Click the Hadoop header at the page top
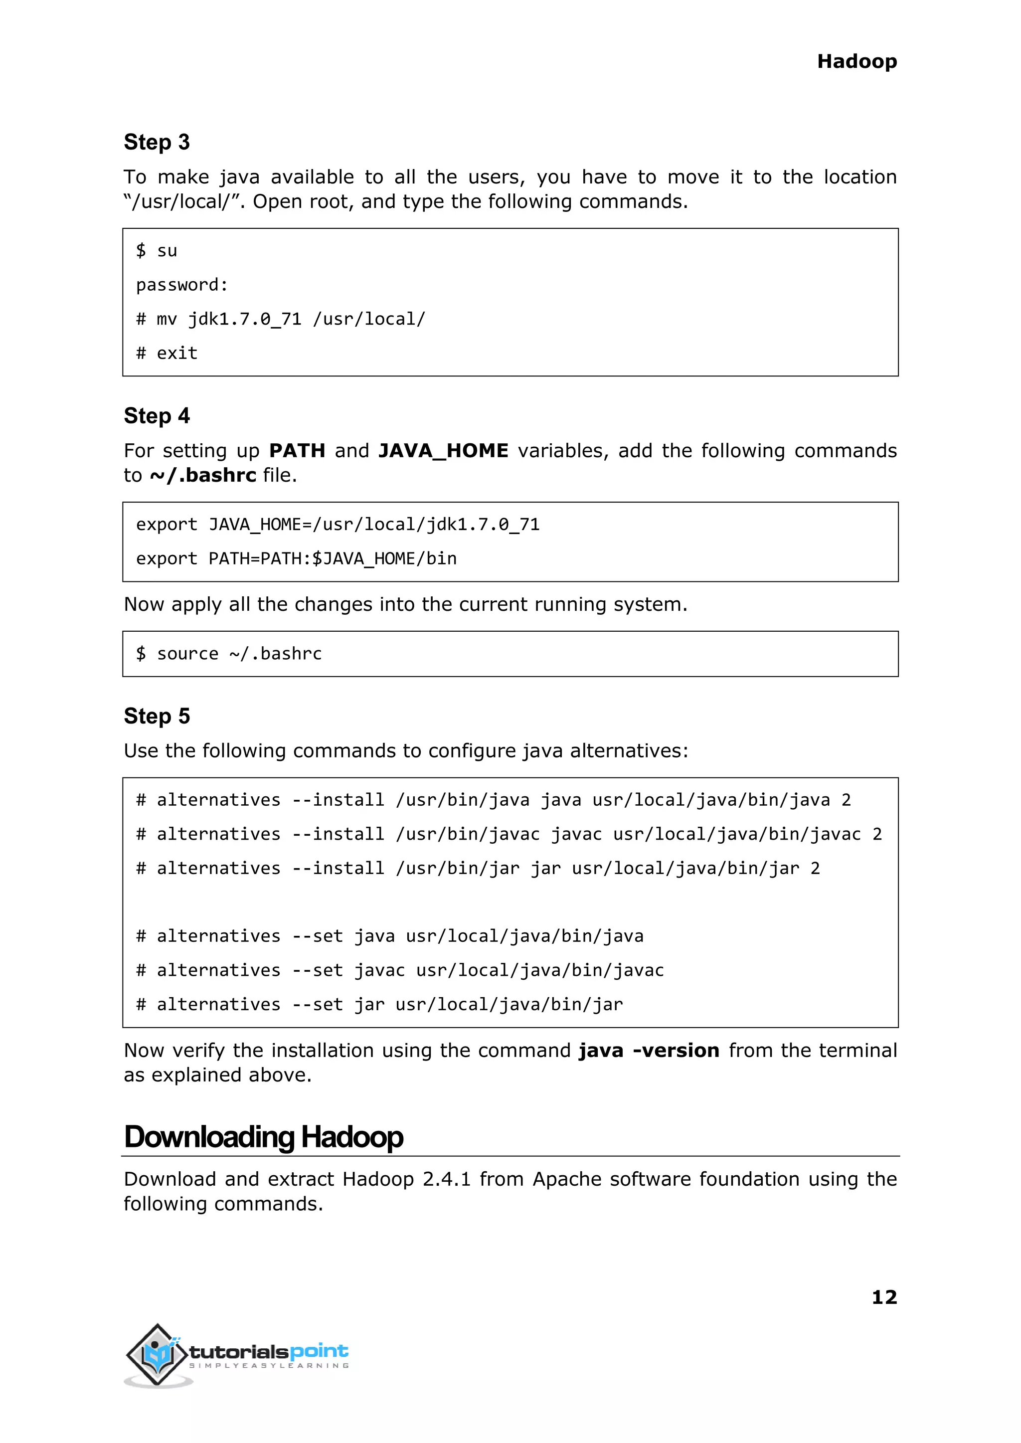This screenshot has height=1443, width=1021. tap(856, 62)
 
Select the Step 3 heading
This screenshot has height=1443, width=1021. tap(157, 142)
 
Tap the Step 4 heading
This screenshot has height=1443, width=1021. tap(157, 416)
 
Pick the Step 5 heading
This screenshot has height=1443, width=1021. tap(157, 716)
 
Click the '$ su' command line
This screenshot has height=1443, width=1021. tap(157, 251)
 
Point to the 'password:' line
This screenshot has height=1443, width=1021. tap(181, 285)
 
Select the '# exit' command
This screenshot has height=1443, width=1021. tap(167, 354)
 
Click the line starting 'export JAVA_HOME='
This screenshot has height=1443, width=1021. tap(338, 525)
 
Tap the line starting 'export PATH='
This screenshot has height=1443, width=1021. tap(296, 558)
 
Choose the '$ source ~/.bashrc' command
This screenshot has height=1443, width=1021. tap(229, 654)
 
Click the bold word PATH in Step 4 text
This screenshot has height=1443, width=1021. tap(297, 451)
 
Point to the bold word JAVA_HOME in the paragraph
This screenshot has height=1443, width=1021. tap(443, 451)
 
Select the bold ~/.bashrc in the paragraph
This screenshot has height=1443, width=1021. tap(203, 475)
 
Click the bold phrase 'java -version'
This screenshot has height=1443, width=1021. tap(649, 1051)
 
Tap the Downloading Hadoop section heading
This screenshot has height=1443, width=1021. tap(263, 1137)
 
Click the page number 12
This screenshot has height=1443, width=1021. tap(884, 1296)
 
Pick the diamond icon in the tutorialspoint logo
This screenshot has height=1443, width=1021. tap(157, 1354)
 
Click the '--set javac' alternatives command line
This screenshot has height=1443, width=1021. tap(400, 970)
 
